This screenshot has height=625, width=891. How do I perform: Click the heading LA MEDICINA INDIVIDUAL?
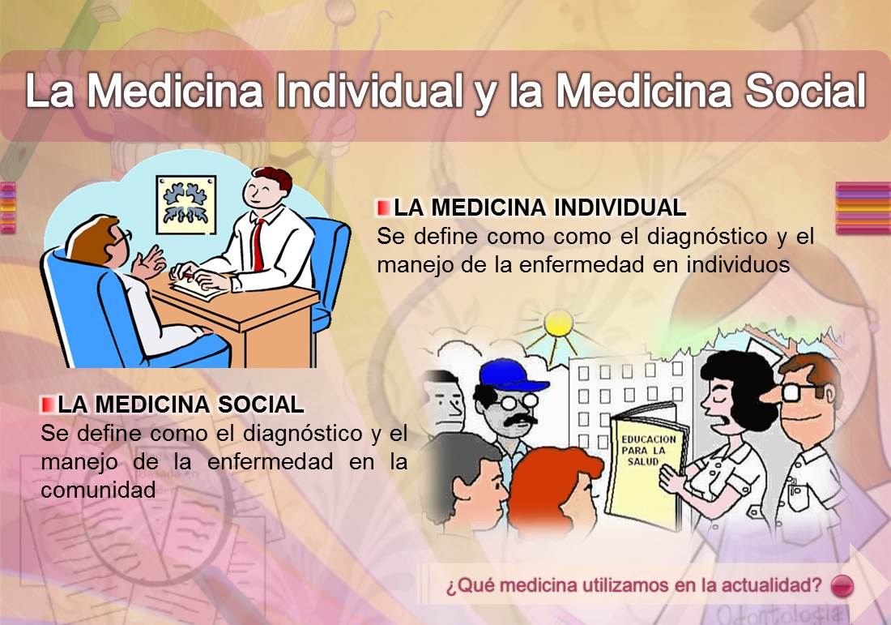point(539,208)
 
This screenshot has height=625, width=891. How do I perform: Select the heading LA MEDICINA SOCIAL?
point(181,404)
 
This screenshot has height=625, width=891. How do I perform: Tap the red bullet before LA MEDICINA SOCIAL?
point(48,404)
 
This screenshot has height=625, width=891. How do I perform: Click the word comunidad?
point(97,490)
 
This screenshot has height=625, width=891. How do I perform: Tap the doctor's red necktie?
point(258,243)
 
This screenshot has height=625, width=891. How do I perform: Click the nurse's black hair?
point(733,381)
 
